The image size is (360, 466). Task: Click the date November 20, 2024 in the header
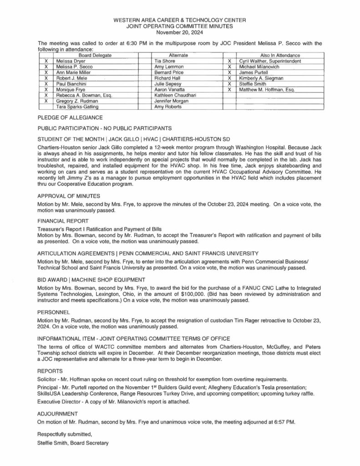pos(179,32)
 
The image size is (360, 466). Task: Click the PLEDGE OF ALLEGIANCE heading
pos(70,117)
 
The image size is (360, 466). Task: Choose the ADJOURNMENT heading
pos(56,413)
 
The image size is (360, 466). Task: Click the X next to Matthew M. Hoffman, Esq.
pos(229,89)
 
